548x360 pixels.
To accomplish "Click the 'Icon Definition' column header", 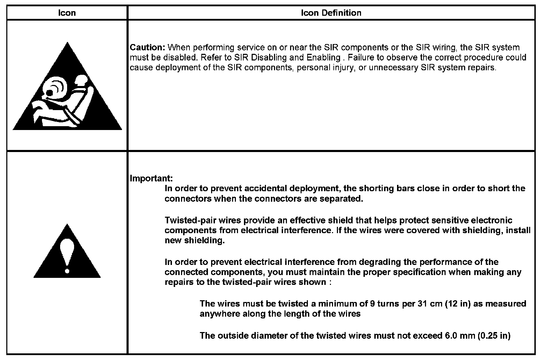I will [x=331, y=13].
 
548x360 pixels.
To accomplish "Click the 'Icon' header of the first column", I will [x=66, y=13].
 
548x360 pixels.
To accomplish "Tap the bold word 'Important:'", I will [x=151, y=178].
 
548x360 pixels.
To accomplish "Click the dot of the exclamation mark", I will [x=67, y=270].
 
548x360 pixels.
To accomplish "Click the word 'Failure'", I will [x=359, y=57].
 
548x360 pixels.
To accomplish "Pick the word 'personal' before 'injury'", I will [x=312, y=67].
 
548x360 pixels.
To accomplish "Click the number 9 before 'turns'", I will [x=373, y=303].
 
